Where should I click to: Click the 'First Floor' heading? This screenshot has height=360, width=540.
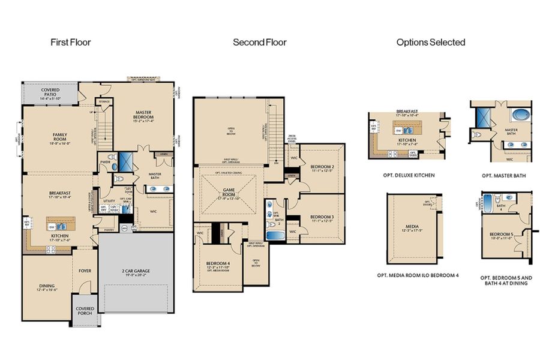click(71, 43)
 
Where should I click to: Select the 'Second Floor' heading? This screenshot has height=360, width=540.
click(260, 43)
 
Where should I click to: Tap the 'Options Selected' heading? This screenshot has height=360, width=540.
click(431, 43)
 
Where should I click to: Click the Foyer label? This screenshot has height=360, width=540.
click(85, 271)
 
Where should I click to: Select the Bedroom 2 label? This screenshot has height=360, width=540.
click(322, 167)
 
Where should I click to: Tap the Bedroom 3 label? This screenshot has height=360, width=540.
click(322, 218)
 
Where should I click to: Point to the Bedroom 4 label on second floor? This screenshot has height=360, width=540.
click(218, 264)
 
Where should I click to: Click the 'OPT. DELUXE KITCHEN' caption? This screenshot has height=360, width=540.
click(408, 175)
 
